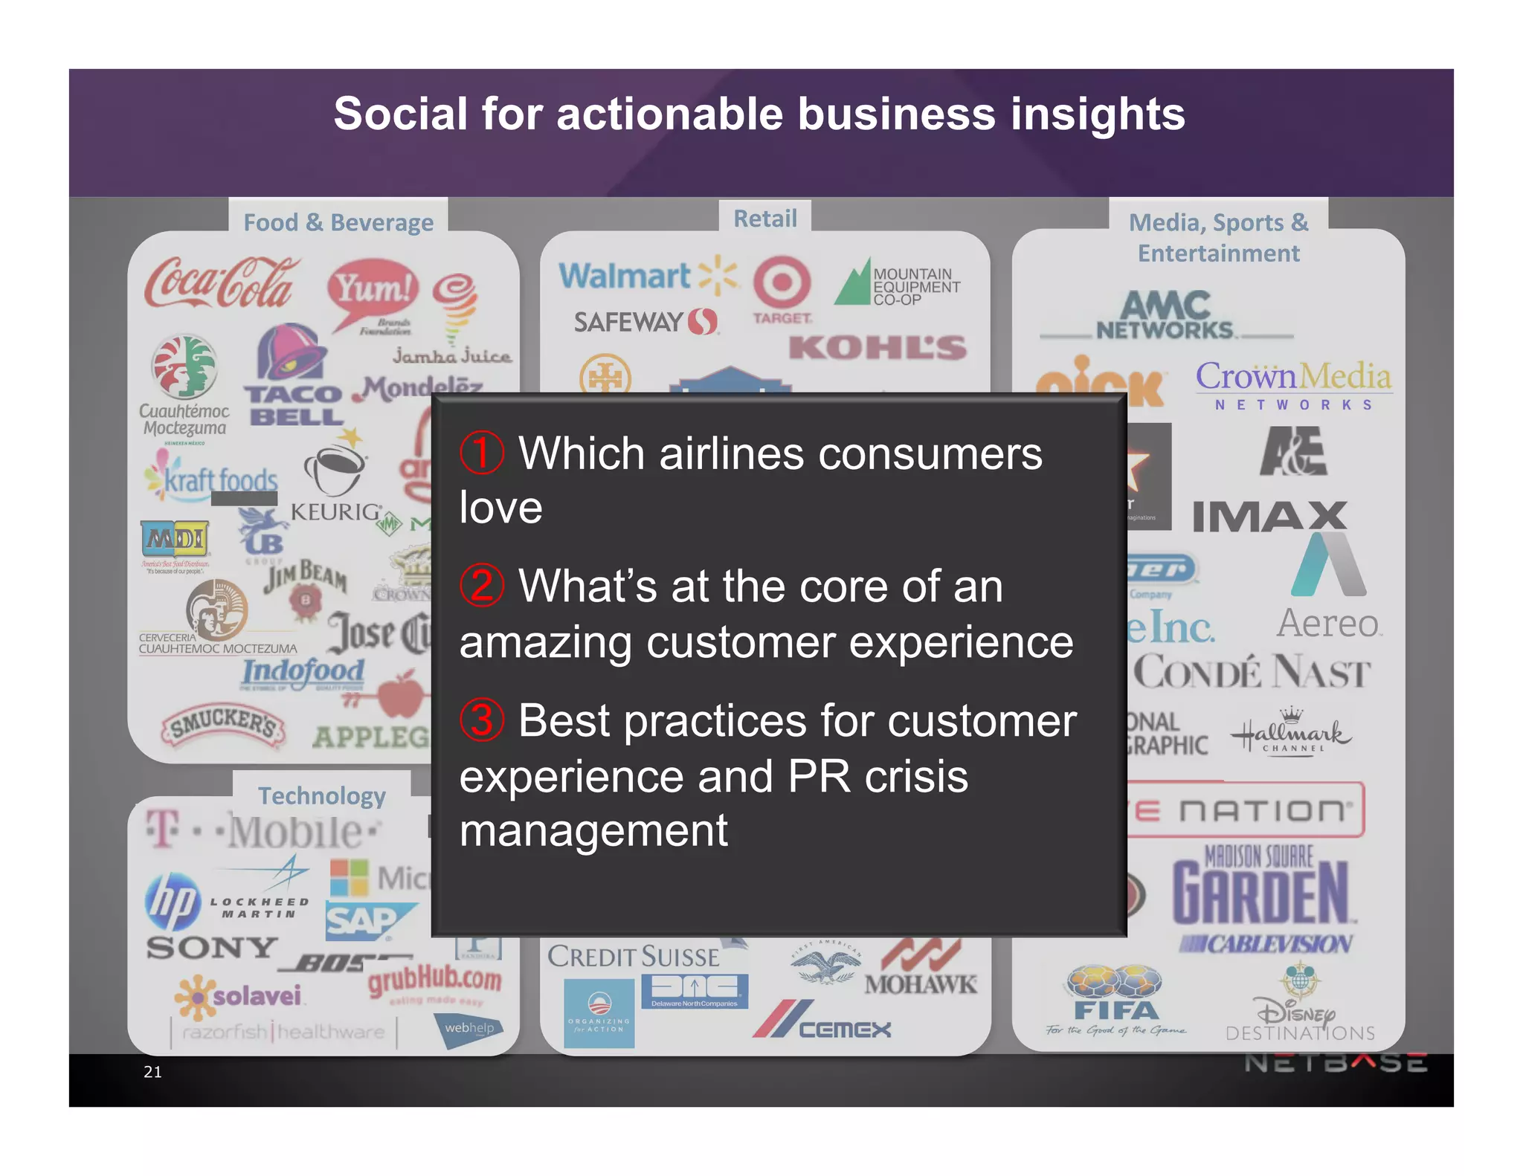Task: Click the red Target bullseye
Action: pos(782,282)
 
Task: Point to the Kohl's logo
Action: pos(878,348)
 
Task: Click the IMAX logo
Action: pos(1270,516)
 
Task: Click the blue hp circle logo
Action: pos(173,902)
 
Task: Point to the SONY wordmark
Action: pos(213,948)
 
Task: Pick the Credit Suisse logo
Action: pos(634,957)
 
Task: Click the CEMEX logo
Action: pos(822,1021)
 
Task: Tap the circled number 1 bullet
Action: pos(482,453)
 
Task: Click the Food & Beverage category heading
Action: pos(338,222)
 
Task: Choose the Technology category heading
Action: pos(322,796)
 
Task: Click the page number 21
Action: pos(152,1072)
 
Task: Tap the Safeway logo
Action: pos(645,322)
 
